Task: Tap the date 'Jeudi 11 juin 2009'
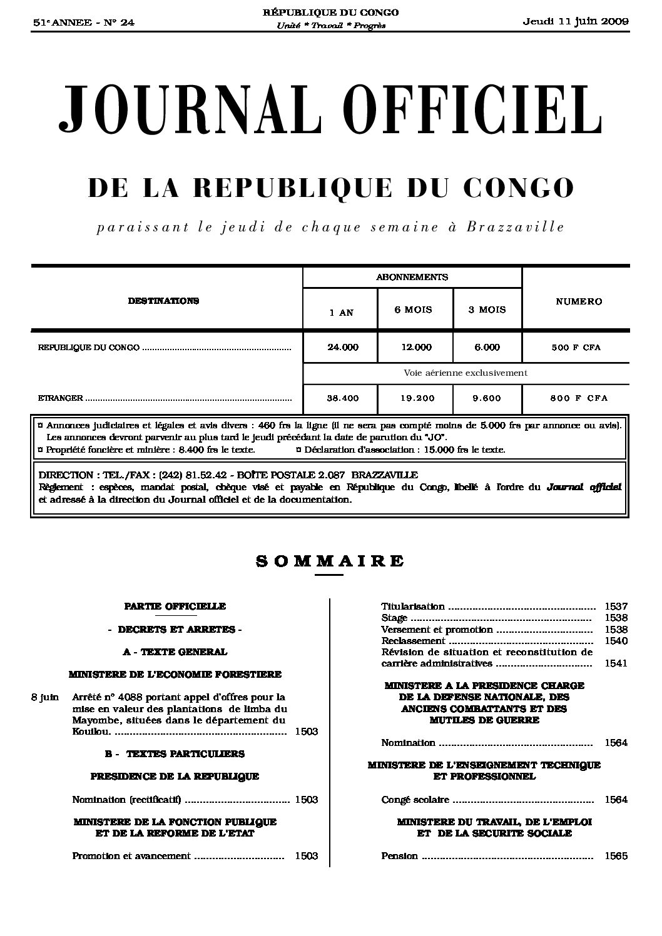(x=576, y=22)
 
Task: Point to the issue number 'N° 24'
(x=119, y=23)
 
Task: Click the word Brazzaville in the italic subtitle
(x=515, y=227)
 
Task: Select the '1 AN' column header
(x=341, y=313)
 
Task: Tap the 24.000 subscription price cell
(x=342, y=348)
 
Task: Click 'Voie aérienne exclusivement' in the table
(x=466, y=373)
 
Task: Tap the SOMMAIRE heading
(x=330, y=561)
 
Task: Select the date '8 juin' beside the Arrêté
(x=45, y=697)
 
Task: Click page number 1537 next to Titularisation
(x=616, y=606)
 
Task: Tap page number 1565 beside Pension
(x=616, y=857)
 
